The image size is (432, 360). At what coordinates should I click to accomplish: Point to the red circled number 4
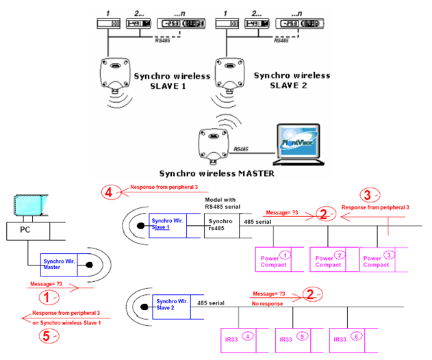110,192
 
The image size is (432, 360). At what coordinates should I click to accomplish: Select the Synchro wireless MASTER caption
216,173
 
